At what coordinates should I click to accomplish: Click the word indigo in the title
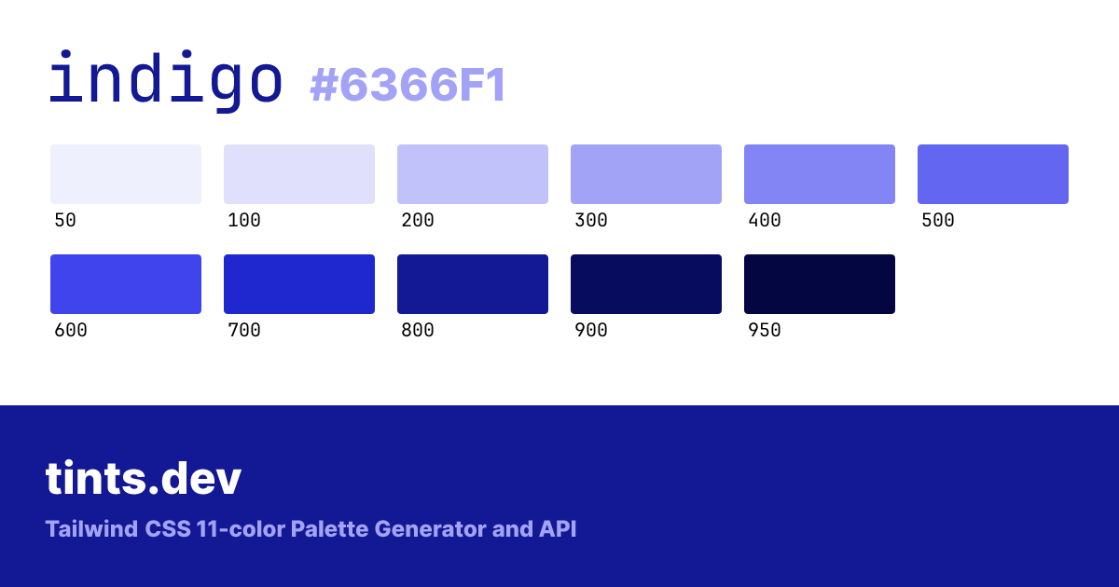point(166,80)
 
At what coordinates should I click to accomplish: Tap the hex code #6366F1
point(408,85)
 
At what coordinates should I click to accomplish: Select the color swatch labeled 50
point(126,174)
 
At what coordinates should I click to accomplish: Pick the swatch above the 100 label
point(299,174)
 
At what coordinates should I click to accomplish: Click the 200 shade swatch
point(473,174)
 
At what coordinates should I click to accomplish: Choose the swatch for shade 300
point(646,174)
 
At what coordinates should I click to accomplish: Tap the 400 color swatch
point(820,174)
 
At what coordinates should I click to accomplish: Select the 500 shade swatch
point(992,174)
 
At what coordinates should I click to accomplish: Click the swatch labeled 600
point(126,284)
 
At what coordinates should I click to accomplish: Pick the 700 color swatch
point(299,284)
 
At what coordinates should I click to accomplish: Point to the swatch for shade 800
point(473,284)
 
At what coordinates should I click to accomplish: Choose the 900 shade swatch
point(646,284)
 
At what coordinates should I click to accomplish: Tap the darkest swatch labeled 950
point(820,284)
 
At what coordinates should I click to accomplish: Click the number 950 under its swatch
point(765,330)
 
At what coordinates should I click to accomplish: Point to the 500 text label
point(938,220)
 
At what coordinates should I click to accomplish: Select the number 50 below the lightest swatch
point(65,220)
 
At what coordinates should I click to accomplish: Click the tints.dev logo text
point(144,478)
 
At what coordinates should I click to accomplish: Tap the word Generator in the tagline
point(430,529)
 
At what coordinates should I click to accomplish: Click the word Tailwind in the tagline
point(92,529)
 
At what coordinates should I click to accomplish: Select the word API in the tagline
point(558,529)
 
